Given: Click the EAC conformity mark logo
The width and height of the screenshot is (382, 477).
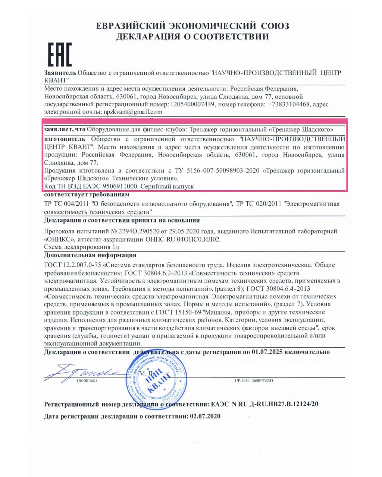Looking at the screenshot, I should coord(59,54).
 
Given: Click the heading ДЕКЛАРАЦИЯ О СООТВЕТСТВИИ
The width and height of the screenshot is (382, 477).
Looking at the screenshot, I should coord(192,37).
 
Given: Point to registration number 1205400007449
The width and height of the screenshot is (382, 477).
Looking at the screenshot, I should coord(192,104).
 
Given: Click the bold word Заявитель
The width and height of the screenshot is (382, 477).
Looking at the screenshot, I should coord(60,73).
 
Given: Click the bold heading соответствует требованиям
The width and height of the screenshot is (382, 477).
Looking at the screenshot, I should coord(87,195).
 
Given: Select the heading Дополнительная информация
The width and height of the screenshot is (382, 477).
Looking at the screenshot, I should coord(90,255).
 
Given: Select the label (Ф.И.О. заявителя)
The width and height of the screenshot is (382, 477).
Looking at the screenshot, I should coord(254,380).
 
